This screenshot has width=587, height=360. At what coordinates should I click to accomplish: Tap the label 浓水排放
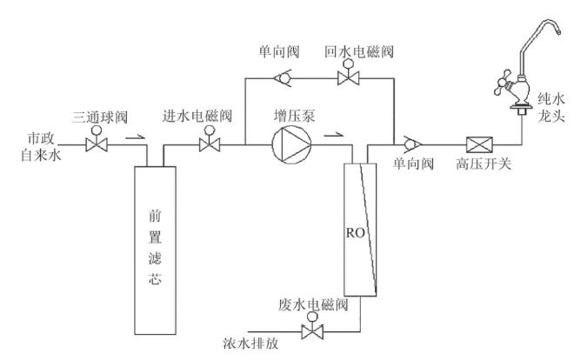point(252,343)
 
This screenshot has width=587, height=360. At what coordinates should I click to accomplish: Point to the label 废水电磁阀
point(315,305)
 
